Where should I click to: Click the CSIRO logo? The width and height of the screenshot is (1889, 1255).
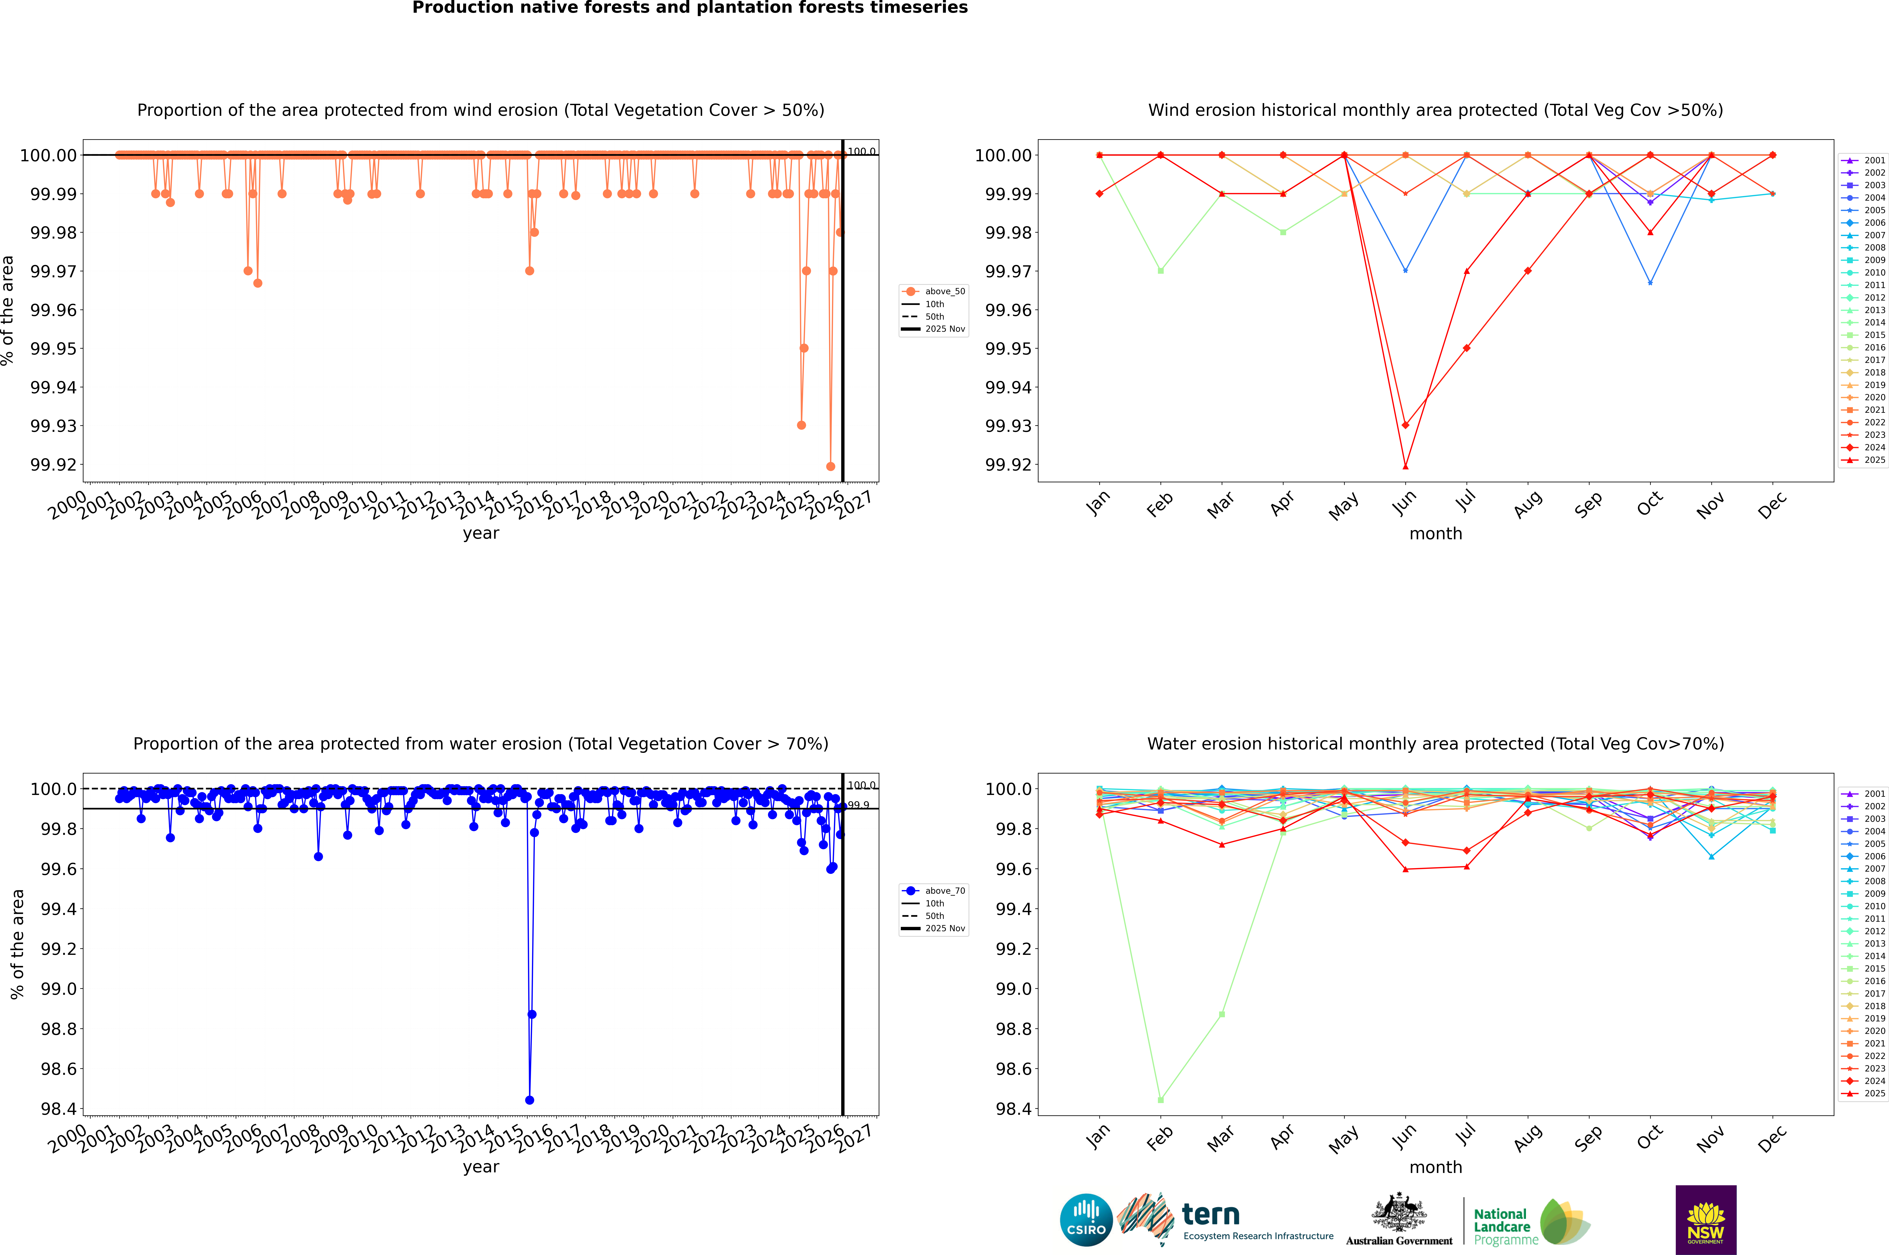click(1086, 1220)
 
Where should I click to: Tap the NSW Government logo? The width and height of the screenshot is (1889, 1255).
click(1706, 1220)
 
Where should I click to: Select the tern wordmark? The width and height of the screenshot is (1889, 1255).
click(1211, 1215)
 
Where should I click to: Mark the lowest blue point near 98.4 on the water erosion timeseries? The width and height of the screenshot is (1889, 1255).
click(529, 1100)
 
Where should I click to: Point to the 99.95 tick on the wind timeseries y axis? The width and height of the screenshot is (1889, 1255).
click(54, 349)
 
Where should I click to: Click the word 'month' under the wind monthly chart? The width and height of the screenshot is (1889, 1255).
click(1435, 534)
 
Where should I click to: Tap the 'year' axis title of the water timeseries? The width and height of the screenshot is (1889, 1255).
click(480, 1167)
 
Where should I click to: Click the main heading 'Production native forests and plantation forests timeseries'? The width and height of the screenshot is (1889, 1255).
click(690, 8)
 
